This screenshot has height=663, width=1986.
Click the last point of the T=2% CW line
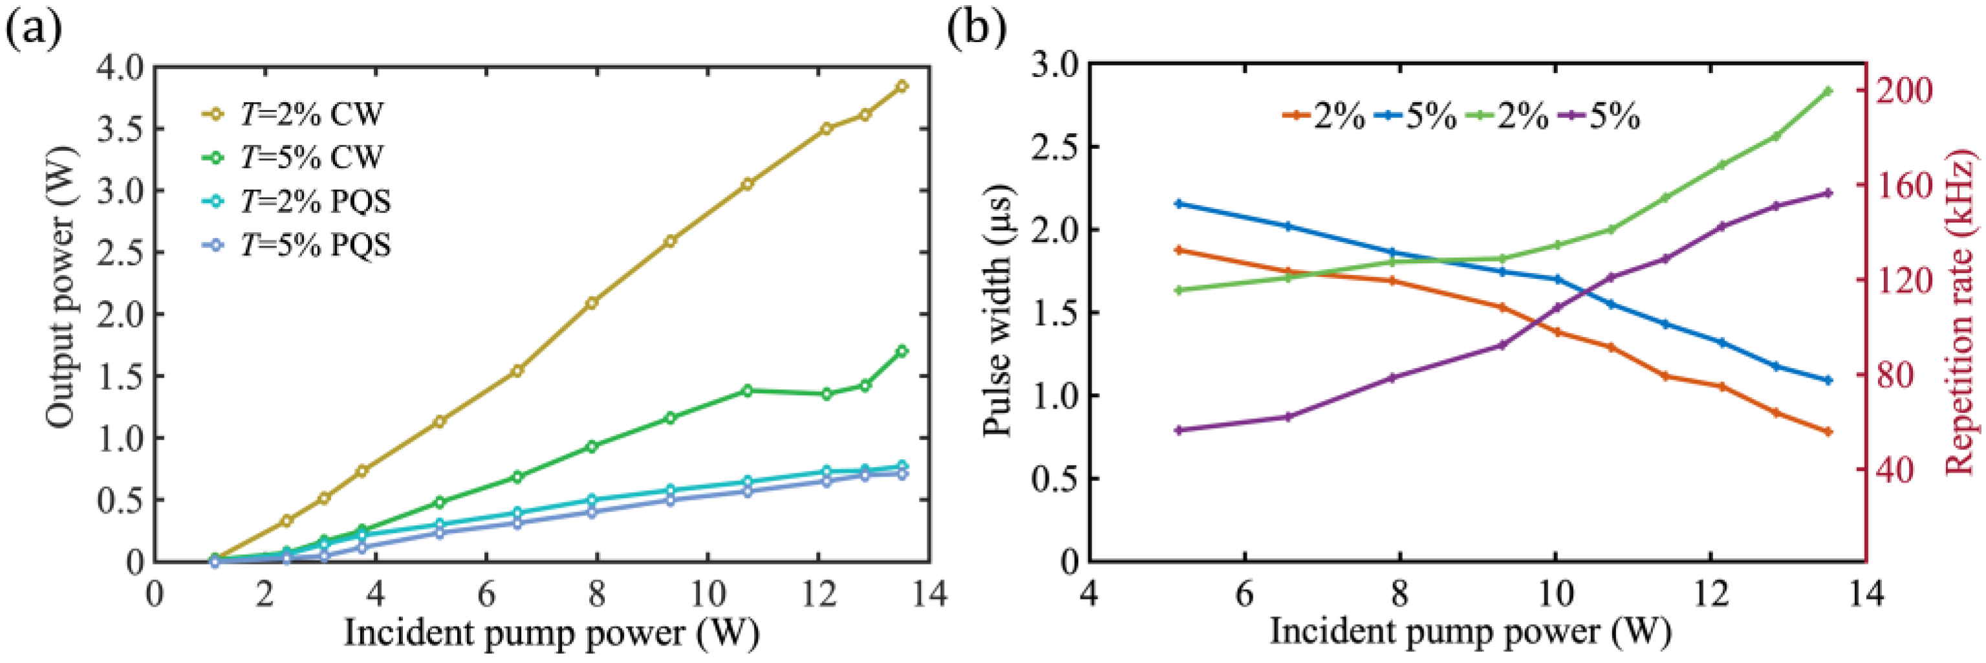[x=902, y=86]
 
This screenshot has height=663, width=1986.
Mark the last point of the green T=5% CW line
[x=902, y=351]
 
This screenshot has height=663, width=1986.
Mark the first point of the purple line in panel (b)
[x=1178, y=430]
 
